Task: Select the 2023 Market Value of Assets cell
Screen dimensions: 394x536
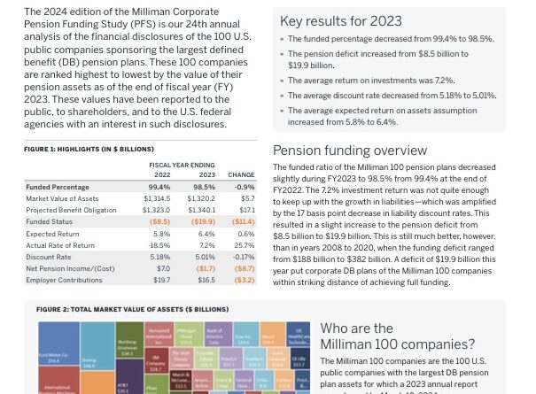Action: click(x=205, y=199)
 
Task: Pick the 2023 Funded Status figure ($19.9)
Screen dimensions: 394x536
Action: click(x=204, y=221)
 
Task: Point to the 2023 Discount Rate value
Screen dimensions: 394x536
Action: click(x=205, y=256)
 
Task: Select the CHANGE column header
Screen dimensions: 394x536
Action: click(x=241, y=175)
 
